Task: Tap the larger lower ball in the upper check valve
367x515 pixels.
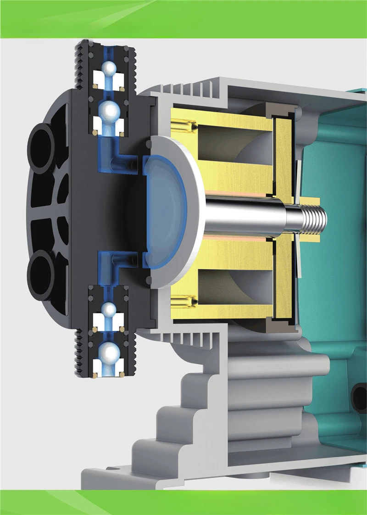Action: [x=109, y=110]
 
